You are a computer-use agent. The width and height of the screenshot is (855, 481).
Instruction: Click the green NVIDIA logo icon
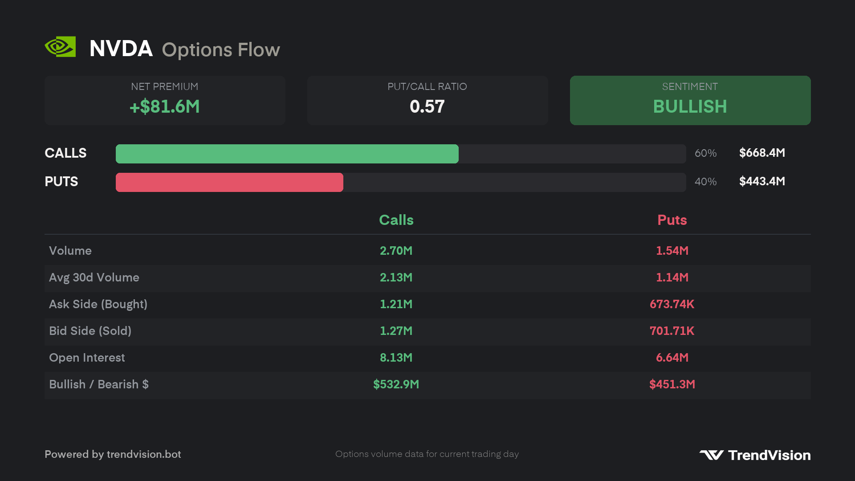click(x=60, y=47)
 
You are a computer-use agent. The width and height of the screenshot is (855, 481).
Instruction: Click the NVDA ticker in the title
click(x=121, y=49)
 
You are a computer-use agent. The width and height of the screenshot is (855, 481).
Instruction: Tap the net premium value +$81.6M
click(x=165, y=106)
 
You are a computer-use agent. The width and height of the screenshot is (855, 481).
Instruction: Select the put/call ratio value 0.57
click(x=427, y=106)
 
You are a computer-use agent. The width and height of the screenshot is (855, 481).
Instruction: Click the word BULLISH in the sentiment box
click(x=690, y=106)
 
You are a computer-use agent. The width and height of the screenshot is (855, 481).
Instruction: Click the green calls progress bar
click(x=287, y=154)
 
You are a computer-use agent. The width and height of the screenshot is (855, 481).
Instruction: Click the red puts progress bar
click(x=229, y=182)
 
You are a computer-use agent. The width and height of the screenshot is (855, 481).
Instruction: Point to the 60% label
click(x=706, y=153)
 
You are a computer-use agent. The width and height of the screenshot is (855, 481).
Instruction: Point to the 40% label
click(x=706, y=182)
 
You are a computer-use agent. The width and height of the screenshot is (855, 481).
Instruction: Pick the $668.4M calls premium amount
click(x=762, y=153)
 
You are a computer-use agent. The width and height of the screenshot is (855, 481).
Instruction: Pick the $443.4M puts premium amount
click(x=762, y=181)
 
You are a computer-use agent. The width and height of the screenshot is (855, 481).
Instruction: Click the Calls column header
click(x=396, y=220)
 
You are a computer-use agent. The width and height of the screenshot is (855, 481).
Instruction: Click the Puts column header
click(x=672, y=220)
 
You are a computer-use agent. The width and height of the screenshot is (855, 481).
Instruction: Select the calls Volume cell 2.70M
click(x=396, y=251)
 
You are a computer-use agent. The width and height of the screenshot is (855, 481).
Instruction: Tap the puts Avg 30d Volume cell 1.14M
click(x=672, y=277)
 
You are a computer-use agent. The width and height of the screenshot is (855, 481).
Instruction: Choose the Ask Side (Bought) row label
click(x=98, y=304)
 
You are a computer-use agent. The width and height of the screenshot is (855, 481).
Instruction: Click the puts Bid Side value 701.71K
click(x=672, y=331)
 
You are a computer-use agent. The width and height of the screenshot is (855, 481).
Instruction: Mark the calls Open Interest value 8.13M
click(x=396, y=358)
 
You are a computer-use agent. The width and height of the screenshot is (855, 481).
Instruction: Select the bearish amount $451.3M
click(x=672, y=384)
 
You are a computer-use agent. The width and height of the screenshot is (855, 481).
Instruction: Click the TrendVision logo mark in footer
click(x=712, y=455)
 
